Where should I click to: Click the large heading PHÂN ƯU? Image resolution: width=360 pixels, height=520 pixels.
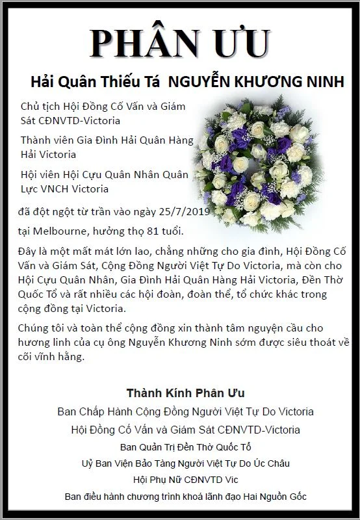pos(180,44)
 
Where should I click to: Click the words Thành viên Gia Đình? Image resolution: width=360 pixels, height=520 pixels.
pos(68,140)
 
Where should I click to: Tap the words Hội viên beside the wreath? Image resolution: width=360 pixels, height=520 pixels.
pos(40,174)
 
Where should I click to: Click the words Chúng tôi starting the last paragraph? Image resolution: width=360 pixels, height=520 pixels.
pos(42,328)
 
